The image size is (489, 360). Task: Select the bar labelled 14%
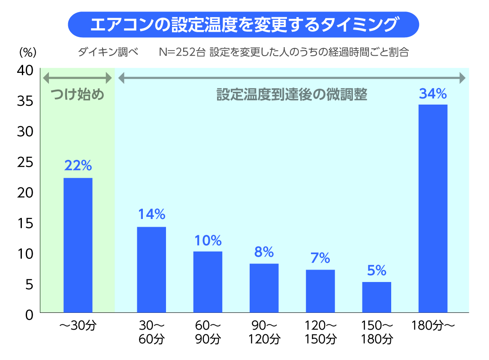151,270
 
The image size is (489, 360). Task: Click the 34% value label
433,94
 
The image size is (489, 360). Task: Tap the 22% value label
78,165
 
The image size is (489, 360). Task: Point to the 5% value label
377,270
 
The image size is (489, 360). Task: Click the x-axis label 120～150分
320,332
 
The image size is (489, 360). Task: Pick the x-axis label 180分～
433,325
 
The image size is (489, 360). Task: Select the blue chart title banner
243,24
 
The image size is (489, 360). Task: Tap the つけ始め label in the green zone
78,94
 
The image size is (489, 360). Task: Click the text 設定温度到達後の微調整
292,94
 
